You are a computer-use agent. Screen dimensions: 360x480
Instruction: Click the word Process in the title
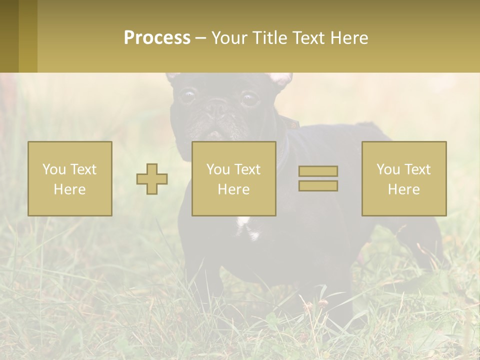pos(157,38)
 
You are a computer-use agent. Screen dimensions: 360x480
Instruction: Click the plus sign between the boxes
pos(152,179)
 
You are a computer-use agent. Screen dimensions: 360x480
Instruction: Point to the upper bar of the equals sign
pos(318,171)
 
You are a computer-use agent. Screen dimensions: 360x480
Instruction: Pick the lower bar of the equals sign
pos(318,186)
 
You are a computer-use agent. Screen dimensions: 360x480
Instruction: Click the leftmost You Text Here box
pos(70,178)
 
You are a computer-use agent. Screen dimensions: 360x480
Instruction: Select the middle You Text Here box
pos(234,178)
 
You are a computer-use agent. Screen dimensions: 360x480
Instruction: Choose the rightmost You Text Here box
pos(404,178)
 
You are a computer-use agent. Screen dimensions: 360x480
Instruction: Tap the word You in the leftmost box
pos(53,169)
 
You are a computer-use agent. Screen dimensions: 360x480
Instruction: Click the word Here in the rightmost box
pos(404,189)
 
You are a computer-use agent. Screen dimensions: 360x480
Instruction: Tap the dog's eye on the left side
pos(188,95)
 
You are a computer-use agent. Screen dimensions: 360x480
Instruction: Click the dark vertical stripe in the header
pos(28,36)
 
